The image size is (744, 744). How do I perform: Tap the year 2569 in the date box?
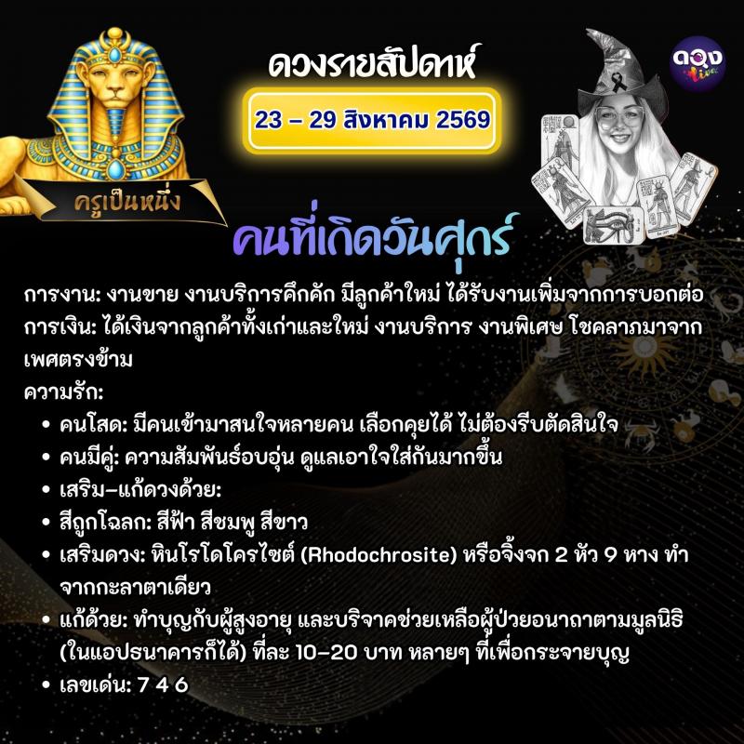coord(463,120)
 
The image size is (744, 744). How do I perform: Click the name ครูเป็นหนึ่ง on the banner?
coord(127,203)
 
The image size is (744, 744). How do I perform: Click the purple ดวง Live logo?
coord(697,63)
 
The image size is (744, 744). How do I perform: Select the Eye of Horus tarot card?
coord(612,224)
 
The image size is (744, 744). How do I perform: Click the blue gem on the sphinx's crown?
coord(114,55)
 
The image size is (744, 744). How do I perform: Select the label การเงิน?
coord(60,327)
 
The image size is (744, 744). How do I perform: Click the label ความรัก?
coord(63,392)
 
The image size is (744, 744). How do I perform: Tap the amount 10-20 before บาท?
coord(326,653)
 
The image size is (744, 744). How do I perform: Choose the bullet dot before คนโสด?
coord(46,425)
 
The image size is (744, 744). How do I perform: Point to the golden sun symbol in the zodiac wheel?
coord(644,350)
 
